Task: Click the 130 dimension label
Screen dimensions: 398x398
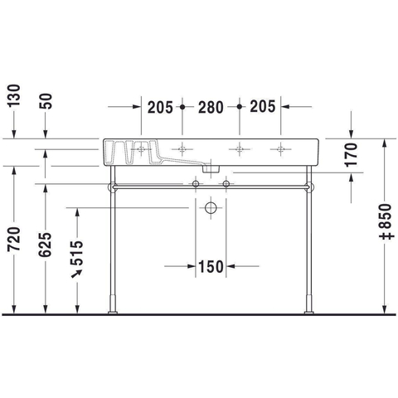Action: coord(14,95)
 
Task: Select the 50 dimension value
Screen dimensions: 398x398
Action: coord(46,101)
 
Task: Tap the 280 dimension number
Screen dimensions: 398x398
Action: coord(211,108)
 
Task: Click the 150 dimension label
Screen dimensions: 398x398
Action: coord(211,267)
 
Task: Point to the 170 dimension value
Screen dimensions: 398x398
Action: coord(352,155)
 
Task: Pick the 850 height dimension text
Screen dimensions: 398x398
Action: coord(386,221)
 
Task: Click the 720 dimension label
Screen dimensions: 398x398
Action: coord(14,239)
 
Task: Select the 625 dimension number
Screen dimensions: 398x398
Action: coord(46,245)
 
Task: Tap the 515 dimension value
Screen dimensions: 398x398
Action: coord(76,253)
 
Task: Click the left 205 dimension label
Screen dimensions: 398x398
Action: coord(160,108)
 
